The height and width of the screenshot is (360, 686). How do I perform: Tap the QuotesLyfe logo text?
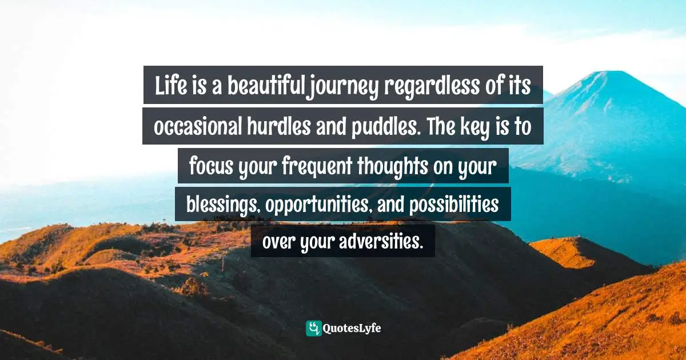(352, 328)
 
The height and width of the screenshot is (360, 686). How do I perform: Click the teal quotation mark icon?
(313, 328)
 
